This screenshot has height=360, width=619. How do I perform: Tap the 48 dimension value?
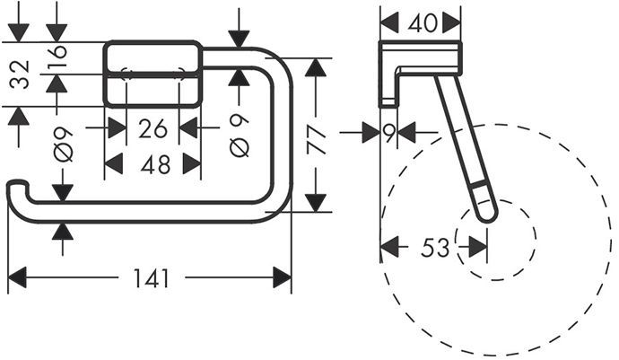pyautogui.click(x=153, y=163)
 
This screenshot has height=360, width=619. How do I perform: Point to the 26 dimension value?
pyautogui.click(x=153, y=128)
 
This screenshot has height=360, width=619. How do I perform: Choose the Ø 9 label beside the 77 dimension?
pyautogui.click(x=239, y=135)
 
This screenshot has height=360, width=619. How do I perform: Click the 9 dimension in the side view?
pyautogui.click(x=388, y=133)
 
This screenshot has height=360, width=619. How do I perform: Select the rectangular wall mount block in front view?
pyautogui.click(x=153, y=72)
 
